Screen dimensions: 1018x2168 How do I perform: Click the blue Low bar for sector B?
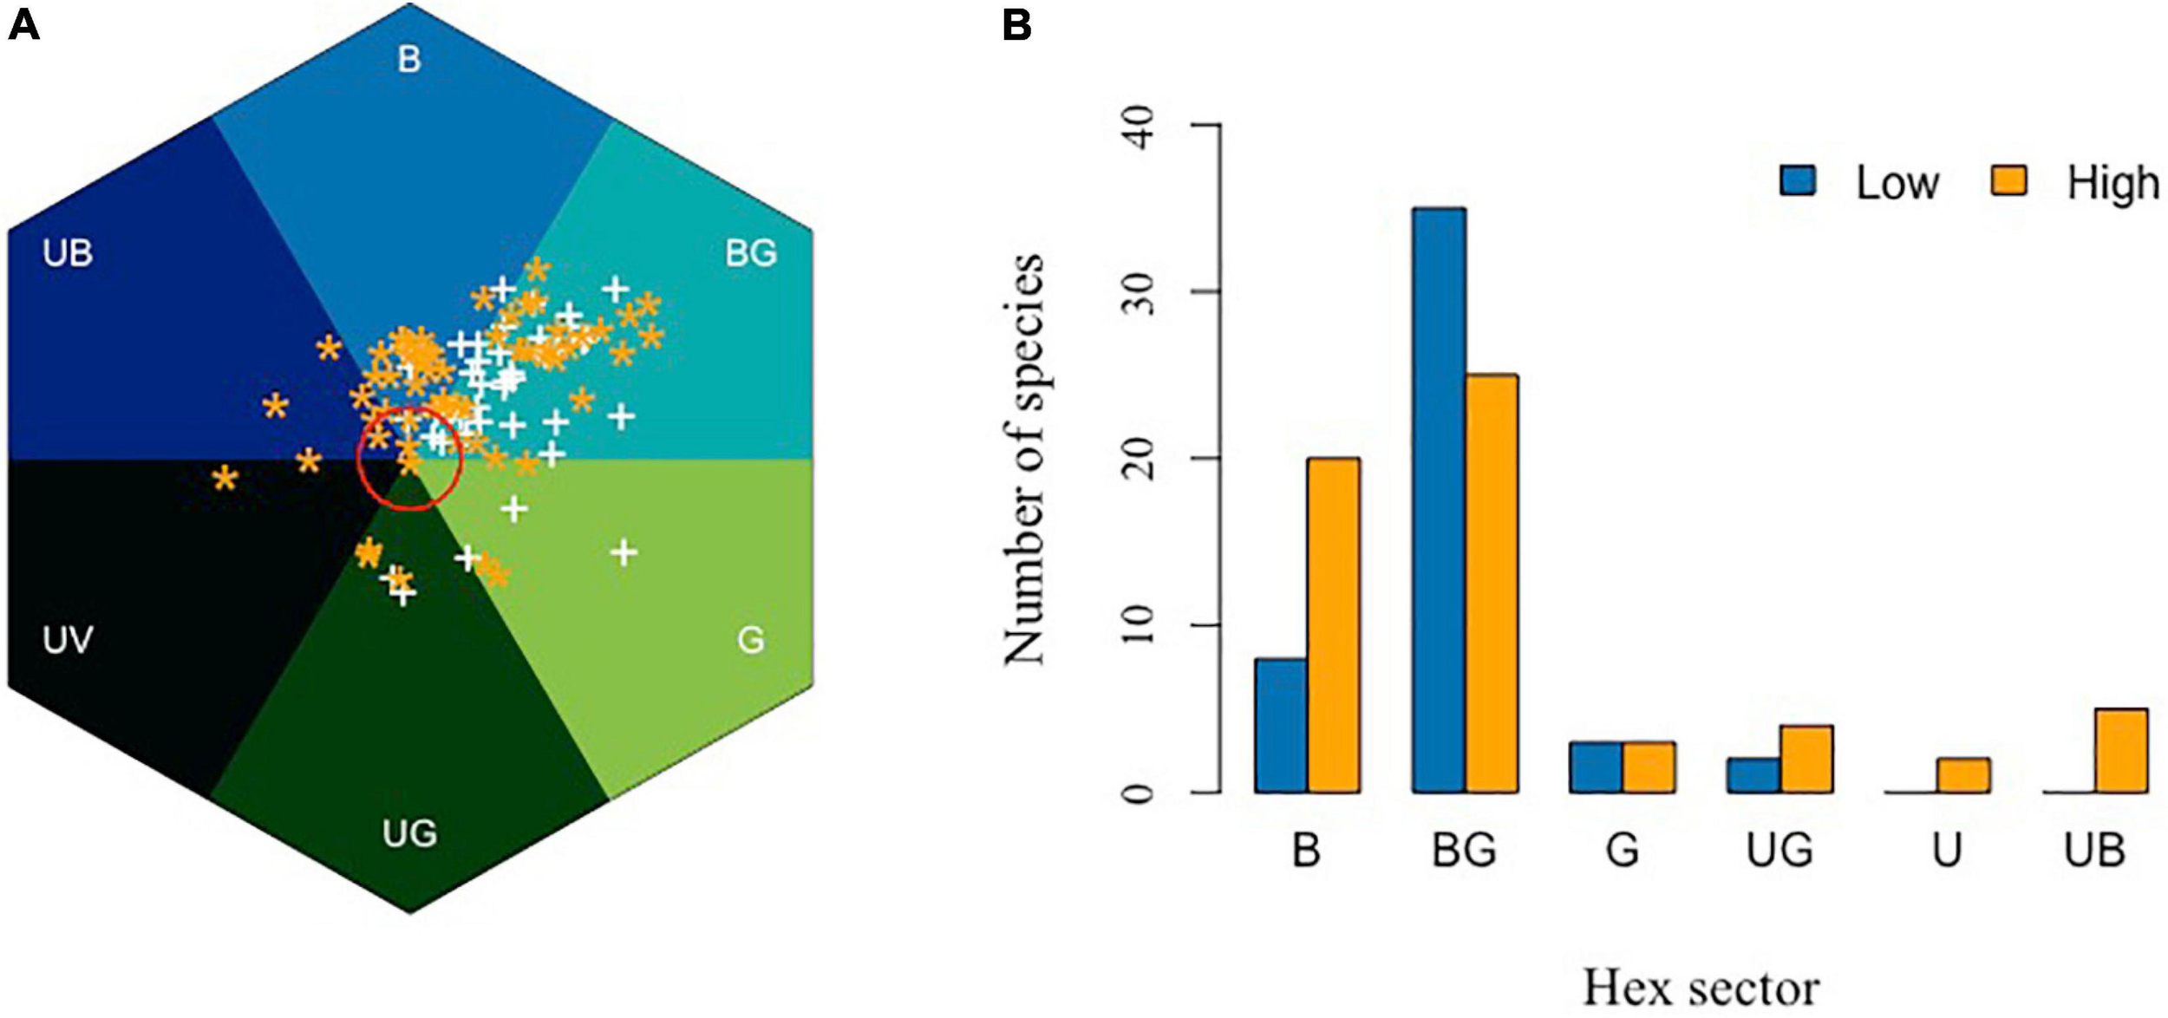tap(1281, 725)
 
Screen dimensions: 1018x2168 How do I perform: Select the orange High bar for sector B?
tap(1334, 624)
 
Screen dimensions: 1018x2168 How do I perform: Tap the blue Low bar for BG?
tap(1439, 499)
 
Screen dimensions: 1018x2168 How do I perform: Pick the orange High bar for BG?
tap(1492, 583)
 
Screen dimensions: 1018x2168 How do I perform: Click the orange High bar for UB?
tap(2121, 750)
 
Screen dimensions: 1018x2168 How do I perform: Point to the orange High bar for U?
tap(1963, 775)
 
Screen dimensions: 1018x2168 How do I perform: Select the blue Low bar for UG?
tap(1753, 775)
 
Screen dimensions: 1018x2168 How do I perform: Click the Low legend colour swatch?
tap(1798, 180)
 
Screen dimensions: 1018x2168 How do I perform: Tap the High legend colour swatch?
tap(2008, 180)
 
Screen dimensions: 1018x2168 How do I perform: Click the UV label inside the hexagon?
tap(68, 640)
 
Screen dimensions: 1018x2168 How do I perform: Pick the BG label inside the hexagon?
tap(751, 253)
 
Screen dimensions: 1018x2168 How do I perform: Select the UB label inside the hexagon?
tap(68, 253)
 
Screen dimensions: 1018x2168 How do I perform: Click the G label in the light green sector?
tap(751, 640)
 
